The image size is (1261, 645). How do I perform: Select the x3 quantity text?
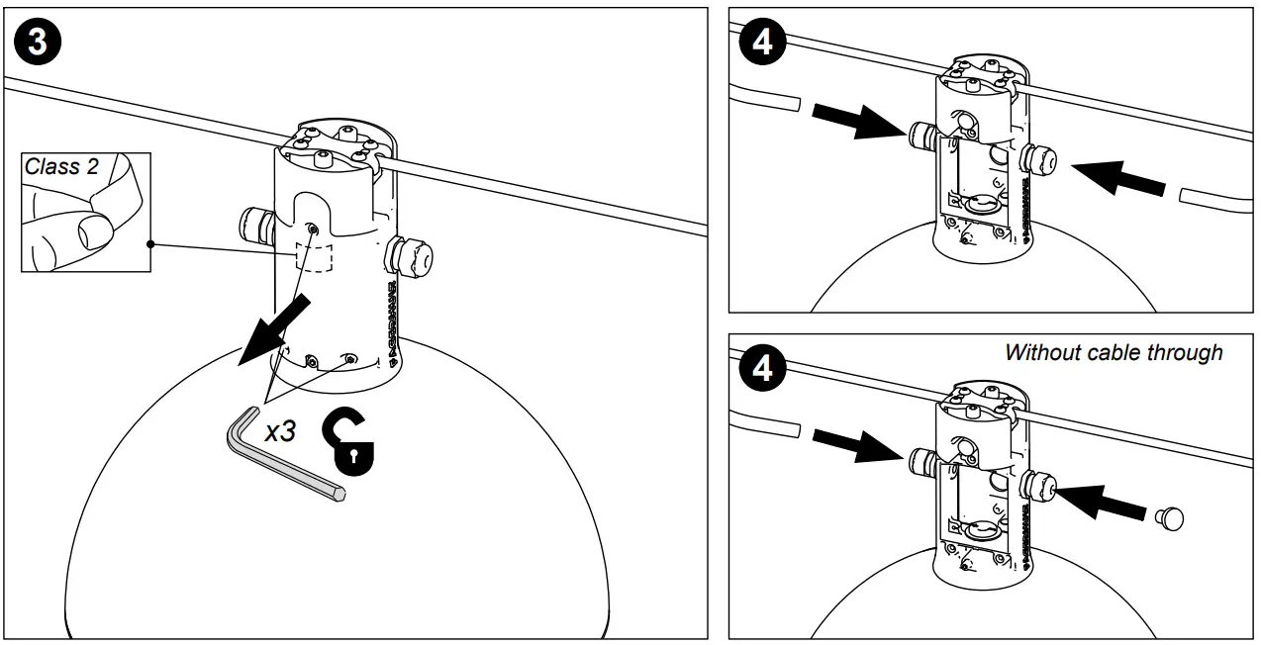pyautogui.click(x=280, y=430)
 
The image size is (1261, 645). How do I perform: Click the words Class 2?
pyautogui.click(x=61, y=166)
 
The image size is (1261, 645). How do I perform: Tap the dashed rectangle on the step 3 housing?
pyautogui.click(x=314, y=255)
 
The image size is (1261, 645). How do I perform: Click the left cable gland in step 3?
pyautogui.click(x=255, y=228)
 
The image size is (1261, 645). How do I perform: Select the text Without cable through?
pyautogui.click(x=1114, y=352)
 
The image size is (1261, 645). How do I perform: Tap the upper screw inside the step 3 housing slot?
pyautogui.click(x=312, y=229)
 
